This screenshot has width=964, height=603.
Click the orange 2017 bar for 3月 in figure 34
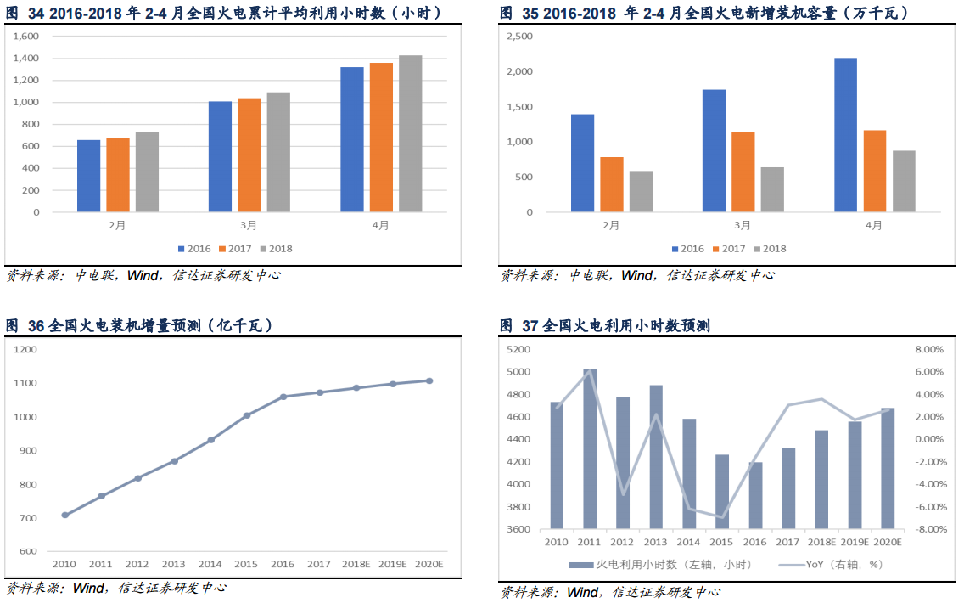tap(249, 155)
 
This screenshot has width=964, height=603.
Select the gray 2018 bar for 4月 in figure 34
tap(410, 133)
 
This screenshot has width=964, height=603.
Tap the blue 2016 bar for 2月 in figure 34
tap(88, 176)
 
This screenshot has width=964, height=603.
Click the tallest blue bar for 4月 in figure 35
tap(845, 134)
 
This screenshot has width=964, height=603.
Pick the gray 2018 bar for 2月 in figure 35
tap(641, 191)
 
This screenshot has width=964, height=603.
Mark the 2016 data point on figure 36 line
tap(283, 397)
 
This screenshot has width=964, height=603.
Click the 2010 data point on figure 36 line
tap(64, 515)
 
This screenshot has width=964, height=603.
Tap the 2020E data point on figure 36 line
tap(429, 380)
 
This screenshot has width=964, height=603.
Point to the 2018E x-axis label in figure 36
tap(356, 564)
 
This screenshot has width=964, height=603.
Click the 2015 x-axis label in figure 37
tap(721, 542)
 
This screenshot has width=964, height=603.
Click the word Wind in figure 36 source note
tap(88, 588)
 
